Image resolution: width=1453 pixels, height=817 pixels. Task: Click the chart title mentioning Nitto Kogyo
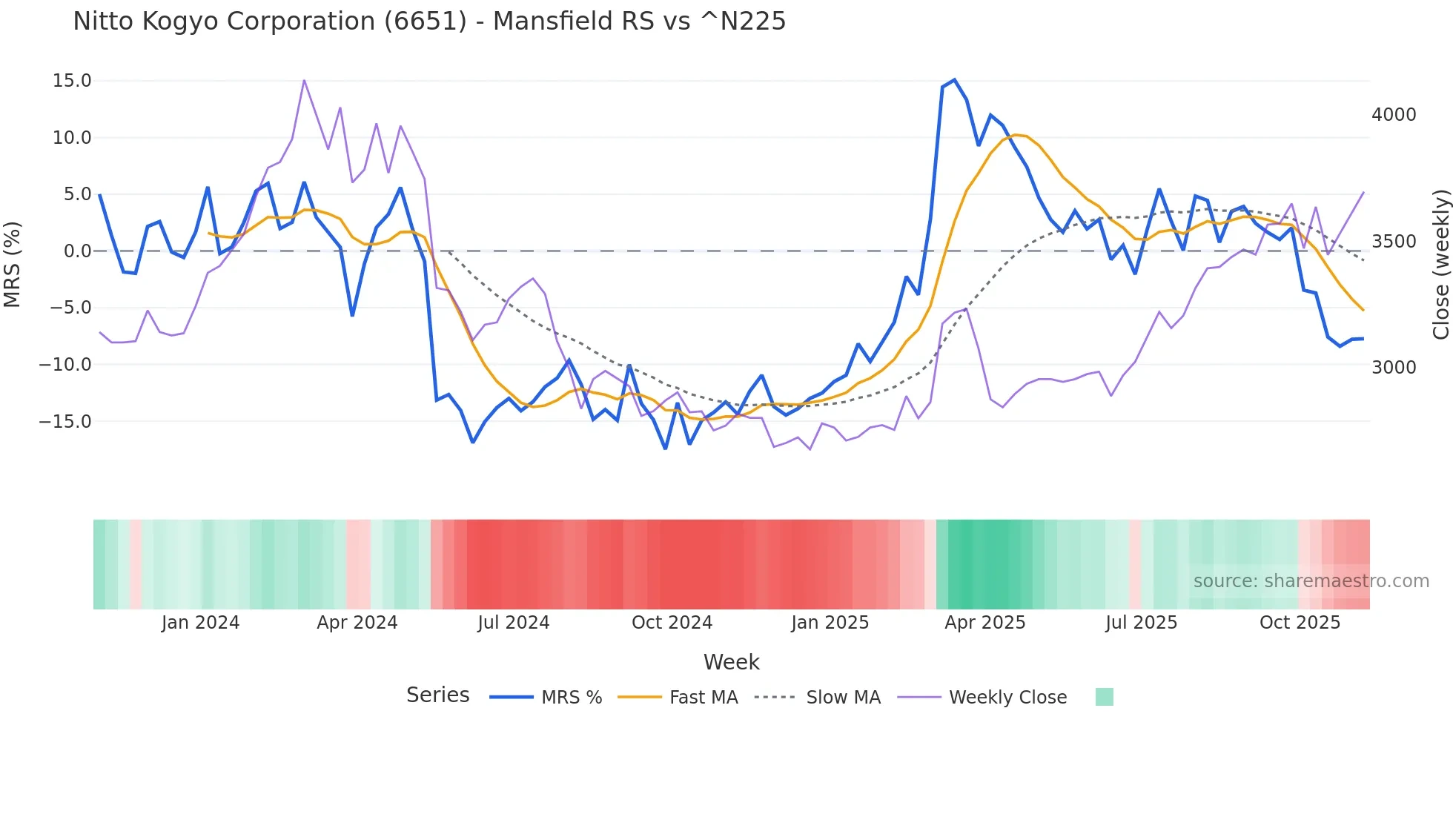[428, 21]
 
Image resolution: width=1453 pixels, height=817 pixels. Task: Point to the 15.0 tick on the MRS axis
[72, 81]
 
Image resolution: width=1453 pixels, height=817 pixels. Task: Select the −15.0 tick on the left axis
[65, 422]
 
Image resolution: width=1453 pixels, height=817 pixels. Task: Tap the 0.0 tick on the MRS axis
[77, 251]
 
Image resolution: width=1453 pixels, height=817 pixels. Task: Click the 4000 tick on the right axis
[1393, 115]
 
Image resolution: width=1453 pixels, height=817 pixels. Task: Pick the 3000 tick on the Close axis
[1393, 368]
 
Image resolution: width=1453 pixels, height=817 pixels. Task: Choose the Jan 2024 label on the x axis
[200, 623]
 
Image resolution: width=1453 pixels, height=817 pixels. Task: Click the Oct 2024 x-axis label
[672, 623]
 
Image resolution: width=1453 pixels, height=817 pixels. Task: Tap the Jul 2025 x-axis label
[1141, 623]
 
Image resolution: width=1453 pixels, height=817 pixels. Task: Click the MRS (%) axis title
[13, 264]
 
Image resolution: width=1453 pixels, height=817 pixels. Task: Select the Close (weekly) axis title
[1440, 264]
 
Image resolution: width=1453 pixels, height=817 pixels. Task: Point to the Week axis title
[731, 662]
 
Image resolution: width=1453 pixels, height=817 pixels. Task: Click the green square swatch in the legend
[1104, 697]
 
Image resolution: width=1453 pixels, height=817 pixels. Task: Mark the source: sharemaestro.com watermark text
[1311, 581]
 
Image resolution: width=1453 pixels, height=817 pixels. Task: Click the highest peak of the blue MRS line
[954, 80]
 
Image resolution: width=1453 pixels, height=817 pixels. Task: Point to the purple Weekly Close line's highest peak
[304, 81]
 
